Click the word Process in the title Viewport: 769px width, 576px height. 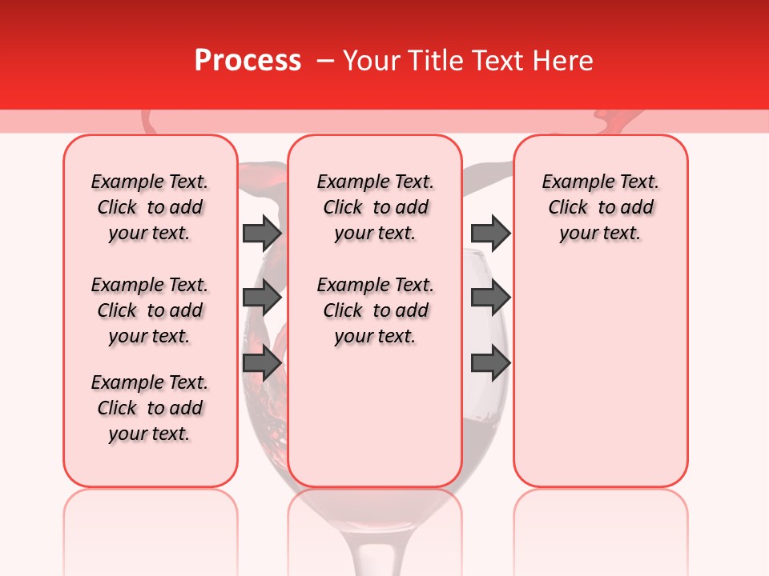tap(247, 61)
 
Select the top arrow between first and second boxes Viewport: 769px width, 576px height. tap(262, 233)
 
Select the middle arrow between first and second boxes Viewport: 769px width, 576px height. tap(262, 298)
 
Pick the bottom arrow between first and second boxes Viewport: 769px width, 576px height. tap(262, 363)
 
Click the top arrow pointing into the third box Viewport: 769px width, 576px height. tap(490, 233)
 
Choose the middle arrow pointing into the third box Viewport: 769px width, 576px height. tap(490, 298)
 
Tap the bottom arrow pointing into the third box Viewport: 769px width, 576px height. tap(490, 363)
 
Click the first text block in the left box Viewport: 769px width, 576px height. tap(150, 207)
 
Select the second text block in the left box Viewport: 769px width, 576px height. tap(150, 310)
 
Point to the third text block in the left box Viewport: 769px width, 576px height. tap(150, 408)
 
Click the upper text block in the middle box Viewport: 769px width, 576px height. tap(375, 207)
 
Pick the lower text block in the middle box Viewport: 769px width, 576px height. tap(375, 310)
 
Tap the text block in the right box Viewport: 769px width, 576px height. tap(600, 207)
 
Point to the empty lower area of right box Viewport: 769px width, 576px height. tap(600, 376)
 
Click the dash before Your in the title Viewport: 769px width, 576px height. tap(326, 62)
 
